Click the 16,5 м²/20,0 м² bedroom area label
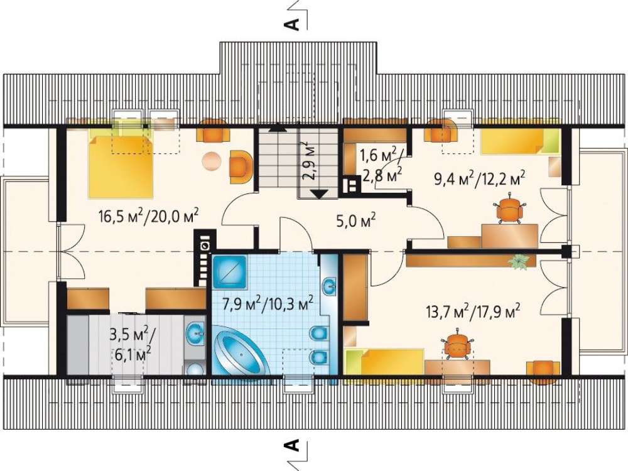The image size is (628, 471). (149, 217)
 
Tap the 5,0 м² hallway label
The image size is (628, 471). (356, 220)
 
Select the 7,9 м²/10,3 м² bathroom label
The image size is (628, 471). (268, 304)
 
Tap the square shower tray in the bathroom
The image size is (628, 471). (229, 271)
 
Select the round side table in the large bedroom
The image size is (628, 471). (212, 162)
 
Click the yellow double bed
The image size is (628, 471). (120, 166)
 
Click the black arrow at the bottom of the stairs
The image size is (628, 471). (319, 194)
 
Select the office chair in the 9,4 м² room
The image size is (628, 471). (509, 208)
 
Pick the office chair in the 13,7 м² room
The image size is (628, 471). (458, 344)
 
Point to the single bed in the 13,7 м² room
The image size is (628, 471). (384, 361)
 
